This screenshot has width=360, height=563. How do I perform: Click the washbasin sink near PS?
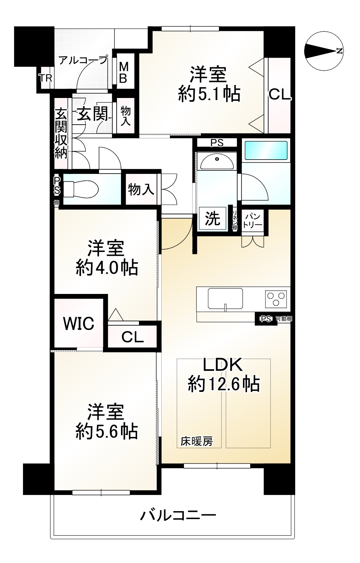pyautogui.click(x=216, y=162)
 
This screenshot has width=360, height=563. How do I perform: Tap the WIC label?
pyautogui.click(x=78, y=323)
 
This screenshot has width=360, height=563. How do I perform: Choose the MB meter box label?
pyautogui.click(x=123, y=72)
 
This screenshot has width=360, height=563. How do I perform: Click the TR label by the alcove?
pyautogui.click(x=46, y=78)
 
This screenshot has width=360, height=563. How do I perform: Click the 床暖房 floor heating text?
pyautogui.click(x=197, y=441)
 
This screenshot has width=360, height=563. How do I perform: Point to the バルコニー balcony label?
pyautogui.click(x=178, y=516)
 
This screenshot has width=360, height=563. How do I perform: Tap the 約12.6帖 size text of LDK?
pyautogui.click(x=224, y=384)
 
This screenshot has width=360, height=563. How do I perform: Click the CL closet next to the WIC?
pyautogui.click(x=132, y=337)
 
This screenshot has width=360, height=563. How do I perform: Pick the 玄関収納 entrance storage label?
pyautogui.click(x=61, y=134)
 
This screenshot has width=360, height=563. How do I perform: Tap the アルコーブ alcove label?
pyautogui.click(x=83, y=60)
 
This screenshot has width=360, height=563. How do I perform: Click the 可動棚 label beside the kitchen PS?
pyautogui.click(x=284, y=318)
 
